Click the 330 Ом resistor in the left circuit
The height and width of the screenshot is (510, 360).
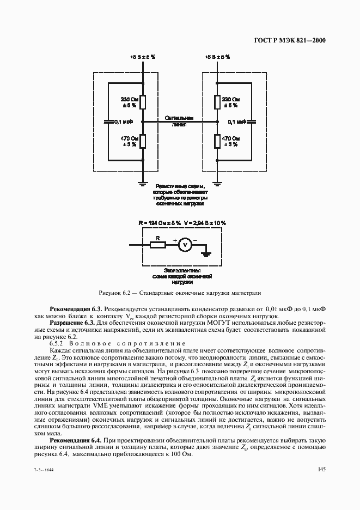pyautogui.click(x=142, y=102)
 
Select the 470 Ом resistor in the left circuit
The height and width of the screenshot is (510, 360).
pyautogui.click(x=142, y=141)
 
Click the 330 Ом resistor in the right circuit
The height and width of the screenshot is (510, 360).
pyautogui.click(x=217, y=102)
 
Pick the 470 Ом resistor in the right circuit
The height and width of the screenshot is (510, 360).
pyautogui.click(x=217, y=141)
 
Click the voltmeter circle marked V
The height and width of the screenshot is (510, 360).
pyautogui.click(x=185, y=245)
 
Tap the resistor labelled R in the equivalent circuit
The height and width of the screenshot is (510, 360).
pyautogui.click(x=158, y=245)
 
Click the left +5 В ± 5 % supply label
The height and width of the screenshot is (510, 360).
pyautogui.click(x=143, y=56)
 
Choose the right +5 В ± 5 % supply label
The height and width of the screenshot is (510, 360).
pyautogui.click(x=217, y=56)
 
